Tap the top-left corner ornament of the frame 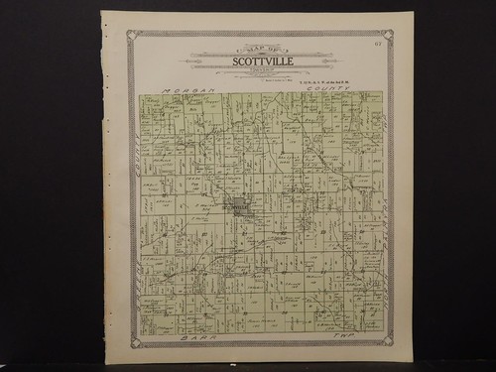click(132, 36)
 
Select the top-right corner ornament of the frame click(388, 36)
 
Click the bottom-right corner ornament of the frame click(388, 341)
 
